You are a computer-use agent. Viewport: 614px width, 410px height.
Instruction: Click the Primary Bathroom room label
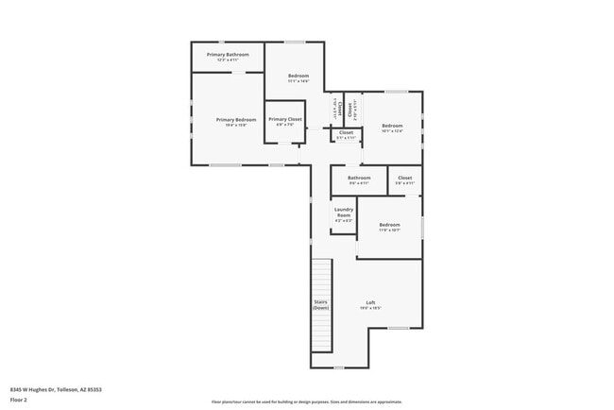(x=228, y=55)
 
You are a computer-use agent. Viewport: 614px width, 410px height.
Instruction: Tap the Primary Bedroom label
(x=236, y=119)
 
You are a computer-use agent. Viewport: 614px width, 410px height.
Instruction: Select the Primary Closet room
(x=284, y=119)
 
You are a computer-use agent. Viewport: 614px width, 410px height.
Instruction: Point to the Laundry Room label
(x=344, y=212)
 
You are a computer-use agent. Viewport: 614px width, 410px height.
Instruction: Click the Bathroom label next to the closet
(x=359, y=178)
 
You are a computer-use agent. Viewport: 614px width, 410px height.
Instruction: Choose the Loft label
(x=370, y=302)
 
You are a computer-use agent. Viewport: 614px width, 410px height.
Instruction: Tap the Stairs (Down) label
(x=321, y=304)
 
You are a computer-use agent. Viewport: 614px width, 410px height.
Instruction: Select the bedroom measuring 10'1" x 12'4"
(x=392, y=126)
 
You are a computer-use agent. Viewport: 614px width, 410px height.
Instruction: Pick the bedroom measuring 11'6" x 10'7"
(x=389, y=224)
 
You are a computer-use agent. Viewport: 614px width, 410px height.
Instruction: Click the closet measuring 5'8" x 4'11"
(x=405, y=178)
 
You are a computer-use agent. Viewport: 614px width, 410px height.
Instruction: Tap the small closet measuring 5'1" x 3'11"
(x=346, y=133)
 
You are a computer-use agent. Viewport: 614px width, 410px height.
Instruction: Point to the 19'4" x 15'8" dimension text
(x=236, y=126)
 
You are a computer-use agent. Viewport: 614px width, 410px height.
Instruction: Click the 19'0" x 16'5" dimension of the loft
(x=370, y=309)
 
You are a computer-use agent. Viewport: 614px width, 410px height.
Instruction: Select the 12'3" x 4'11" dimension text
(x=228, y=60)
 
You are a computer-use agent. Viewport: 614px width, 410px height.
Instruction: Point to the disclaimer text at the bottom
(x=306, y=401)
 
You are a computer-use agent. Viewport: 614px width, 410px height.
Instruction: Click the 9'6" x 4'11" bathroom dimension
(x=359, y=183)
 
